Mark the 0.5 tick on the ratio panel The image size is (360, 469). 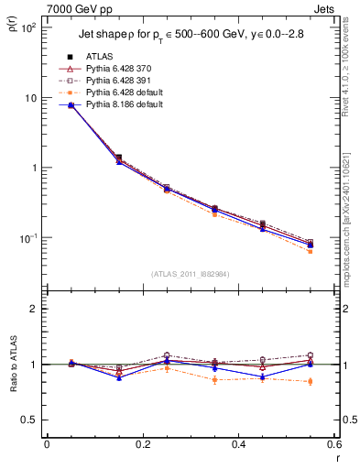32,420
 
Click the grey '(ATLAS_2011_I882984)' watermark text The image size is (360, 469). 191,274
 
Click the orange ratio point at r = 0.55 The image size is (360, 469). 311,381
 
